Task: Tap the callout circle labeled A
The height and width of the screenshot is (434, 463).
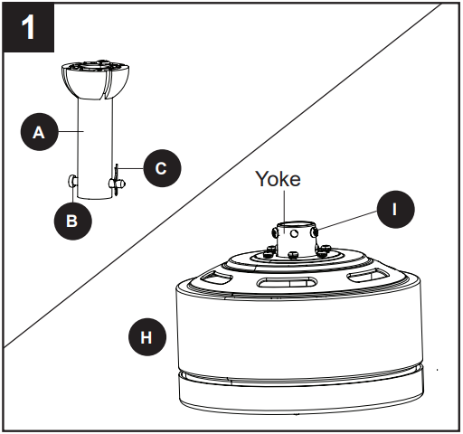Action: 38,132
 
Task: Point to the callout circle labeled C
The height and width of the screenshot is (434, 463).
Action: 162,166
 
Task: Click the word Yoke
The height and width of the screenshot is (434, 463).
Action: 276,179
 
